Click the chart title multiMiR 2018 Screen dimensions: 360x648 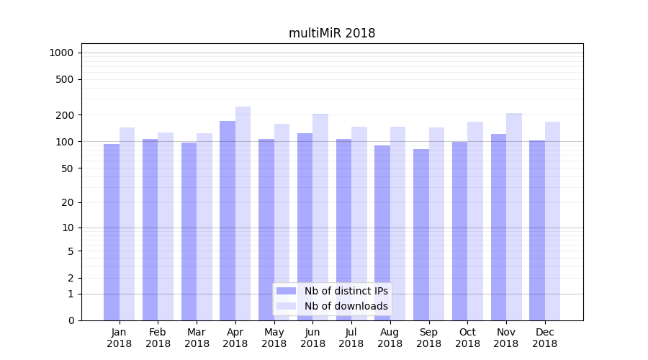pos(332,33)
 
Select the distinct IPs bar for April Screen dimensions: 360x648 pos(228,220)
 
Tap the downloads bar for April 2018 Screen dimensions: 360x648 pos(243,213)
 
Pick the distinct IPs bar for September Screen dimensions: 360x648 pos(421,235)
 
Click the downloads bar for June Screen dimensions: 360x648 pos(320,217)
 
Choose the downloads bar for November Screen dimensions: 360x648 pos(514,216)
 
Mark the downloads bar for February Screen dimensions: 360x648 pos(166,226)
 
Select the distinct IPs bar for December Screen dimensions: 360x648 pos(537,230)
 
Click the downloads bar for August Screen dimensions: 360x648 pos(398,223)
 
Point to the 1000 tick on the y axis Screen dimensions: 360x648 pos(61,53)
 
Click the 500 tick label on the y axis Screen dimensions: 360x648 pos(66,79)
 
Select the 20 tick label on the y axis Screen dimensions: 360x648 pos(68,202)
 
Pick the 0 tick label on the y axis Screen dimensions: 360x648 pos(71,320)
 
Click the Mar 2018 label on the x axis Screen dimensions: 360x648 pos(197,338)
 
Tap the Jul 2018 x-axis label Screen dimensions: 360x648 pos(351,338)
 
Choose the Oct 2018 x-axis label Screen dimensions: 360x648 pos(467,338)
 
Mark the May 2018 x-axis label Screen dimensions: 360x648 pos(274,338)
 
